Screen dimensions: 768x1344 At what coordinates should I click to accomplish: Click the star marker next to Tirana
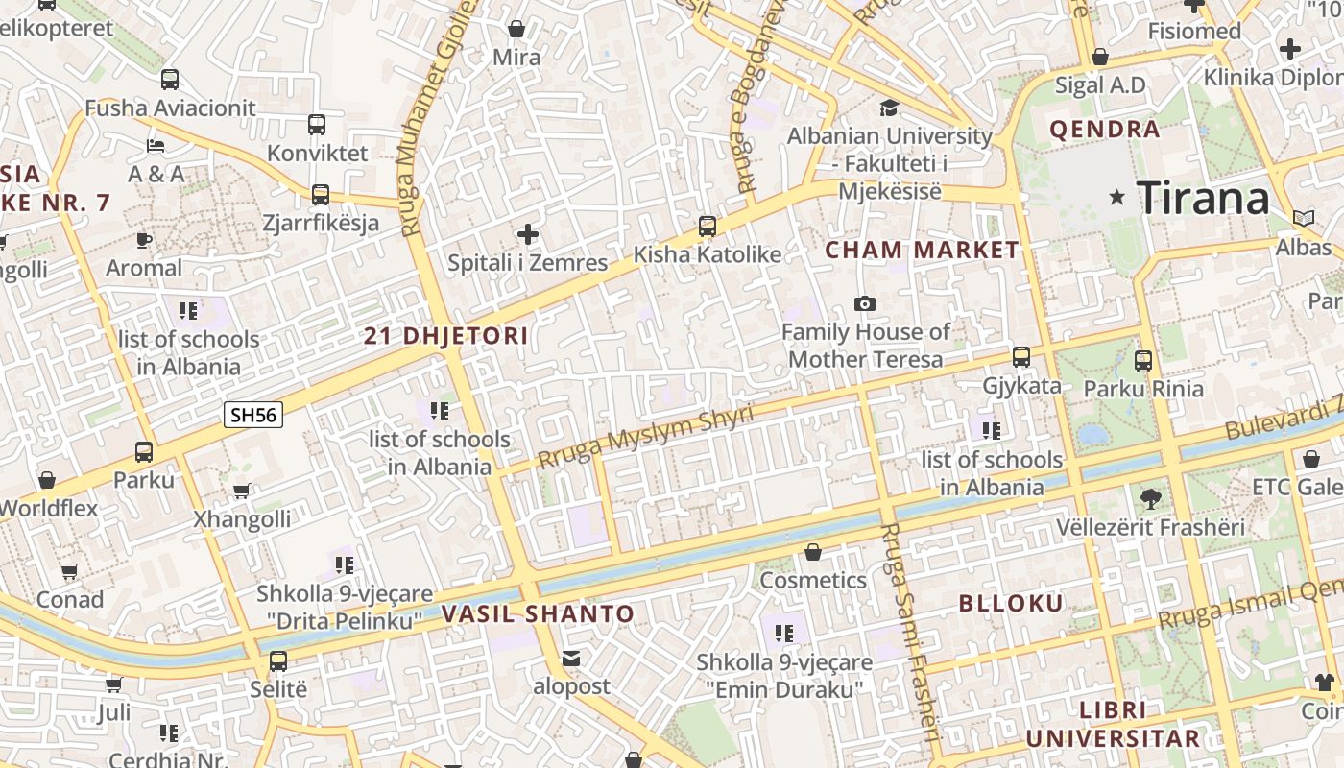1116,198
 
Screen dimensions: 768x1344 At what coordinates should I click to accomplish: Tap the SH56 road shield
253,415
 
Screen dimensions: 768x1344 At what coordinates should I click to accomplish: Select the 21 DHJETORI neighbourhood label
446,336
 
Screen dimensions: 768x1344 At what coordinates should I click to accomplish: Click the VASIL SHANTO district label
538,614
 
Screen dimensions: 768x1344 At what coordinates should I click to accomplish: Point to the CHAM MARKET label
922,251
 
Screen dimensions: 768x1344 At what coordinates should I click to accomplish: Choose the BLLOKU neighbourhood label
1012,604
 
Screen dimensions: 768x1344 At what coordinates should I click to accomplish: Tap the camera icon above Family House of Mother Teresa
865,304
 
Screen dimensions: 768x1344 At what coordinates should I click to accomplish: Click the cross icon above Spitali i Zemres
527,234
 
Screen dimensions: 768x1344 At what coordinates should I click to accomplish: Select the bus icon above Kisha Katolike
708,227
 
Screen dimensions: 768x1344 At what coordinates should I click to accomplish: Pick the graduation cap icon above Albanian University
889,108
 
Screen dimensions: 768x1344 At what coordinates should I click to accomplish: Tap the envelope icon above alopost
571,659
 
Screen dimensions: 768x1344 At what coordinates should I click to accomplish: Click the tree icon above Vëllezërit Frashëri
1150,498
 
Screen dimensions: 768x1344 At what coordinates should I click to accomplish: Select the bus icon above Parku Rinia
1142,361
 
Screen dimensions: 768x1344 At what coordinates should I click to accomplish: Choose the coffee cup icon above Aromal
144,240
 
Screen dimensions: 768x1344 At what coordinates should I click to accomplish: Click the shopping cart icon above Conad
69,572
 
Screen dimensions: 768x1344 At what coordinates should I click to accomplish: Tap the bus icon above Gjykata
1021,357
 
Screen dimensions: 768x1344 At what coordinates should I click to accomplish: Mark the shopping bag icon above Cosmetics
813,552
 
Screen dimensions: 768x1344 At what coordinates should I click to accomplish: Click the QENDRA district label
1105,130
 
